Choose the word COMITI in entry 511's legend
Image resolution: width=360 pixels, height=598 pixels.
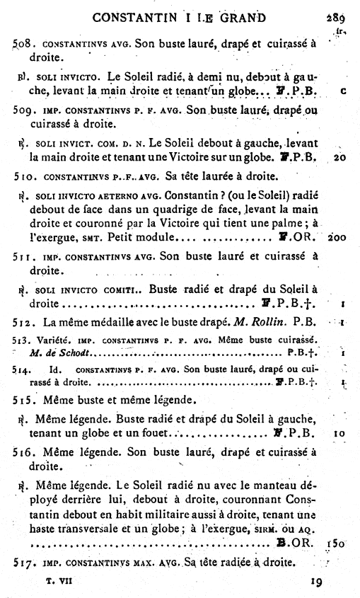(122, 289)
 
